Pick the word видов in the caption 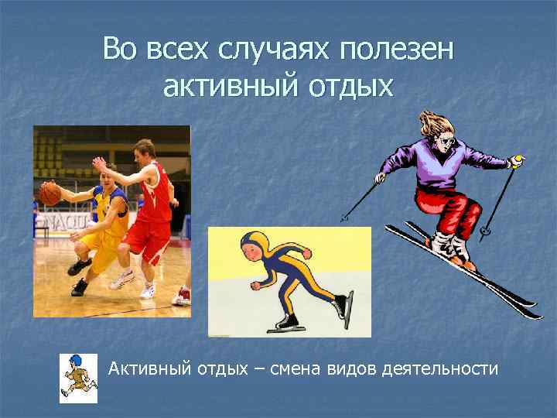(354, 369)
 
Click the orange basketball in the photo (50, 193)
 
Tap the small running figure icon (78, 379)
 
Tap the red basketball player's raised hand (99, 164)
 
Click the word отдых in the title (343, 86)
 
